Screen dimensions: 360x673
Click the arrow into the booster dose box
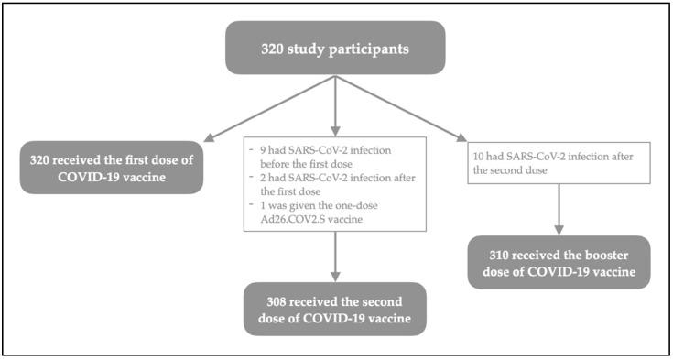point(556,209)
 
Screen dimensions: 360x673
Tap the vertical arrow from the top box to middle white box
point(336,105)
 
